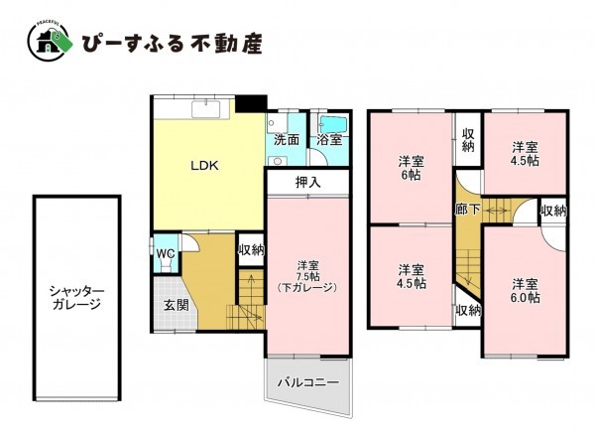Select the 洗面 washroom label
click(287, 140)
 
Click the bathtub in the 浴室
click(331, 124)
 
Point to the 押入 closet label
click(308, 183)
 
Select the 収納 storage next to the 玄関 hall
click(252, 249)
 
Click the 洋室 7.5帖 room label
click(308, 275)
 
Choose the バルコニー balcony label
click(307, 382)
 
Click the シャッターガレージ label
click(74, 297)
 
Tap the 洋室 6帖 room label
click(411, 168)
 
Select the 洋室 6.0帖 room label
click(526, 289)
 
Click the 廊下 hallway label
click(467, 211)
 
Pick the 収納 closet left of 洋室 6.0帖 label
click(468, 310)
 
